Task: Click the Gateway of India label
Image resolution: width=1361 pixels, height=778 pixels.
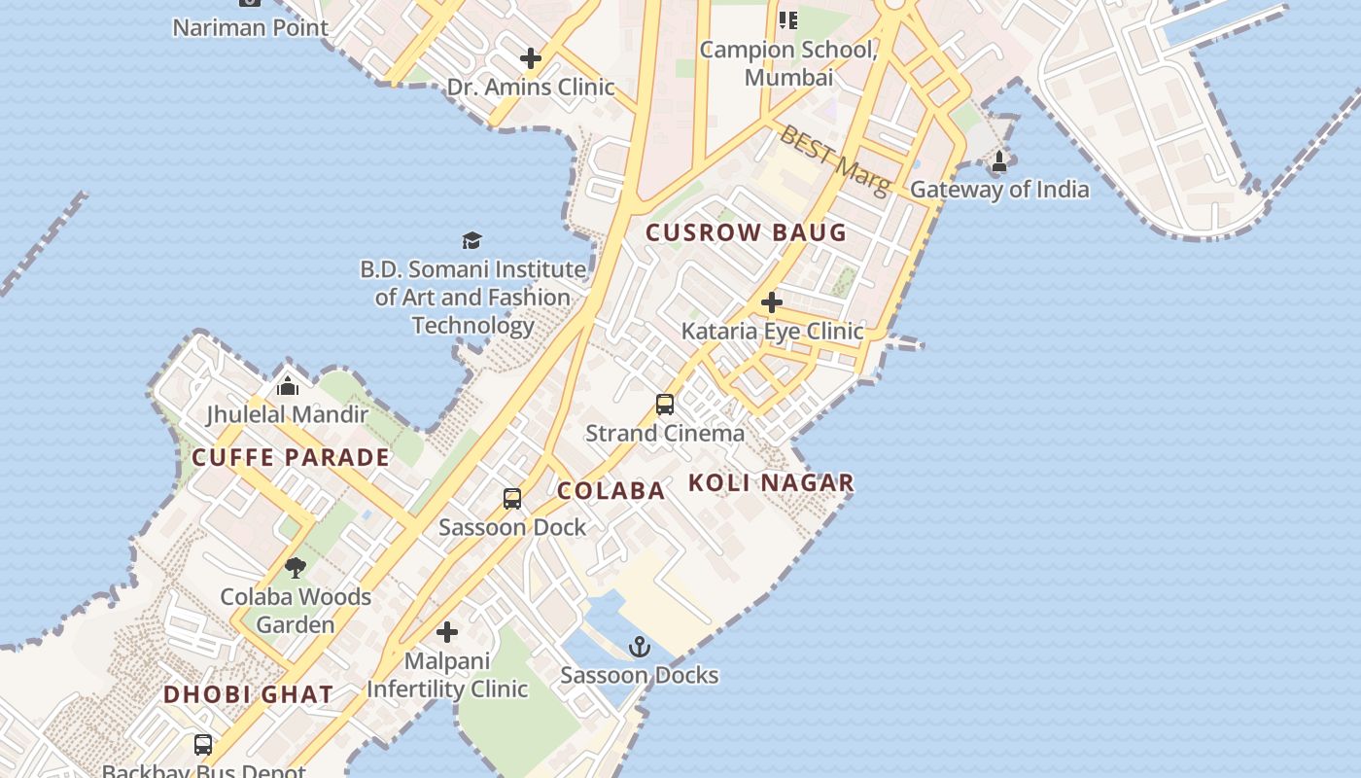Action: [999, 189]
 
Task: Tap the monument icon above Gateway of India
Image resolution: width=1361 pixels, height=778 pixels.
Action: [999, 160]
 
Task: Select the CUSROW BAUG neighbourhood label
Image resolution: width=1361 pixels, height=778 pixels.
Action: [747, 232]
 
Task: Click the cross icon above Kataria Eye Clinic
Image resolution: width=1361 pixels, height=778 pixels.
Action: [772, 302]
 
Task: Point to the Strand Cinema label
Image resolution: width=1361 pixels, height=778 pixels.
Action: [665, 433]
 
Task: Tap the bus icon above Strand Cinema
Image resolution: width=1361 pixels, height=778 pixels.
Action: [665, 405]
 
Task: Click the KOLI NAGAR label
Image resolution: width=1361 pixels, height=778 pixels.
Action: [772, 482]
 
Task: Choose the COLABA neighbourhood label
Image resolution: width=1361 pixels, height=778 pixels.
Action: [611, 490]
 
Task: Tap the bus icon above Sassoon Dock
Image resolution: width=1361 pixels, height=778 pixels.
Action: [512, 499]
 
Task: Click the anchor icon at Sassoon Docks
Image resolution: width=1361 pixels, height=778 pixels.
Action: [640, 647]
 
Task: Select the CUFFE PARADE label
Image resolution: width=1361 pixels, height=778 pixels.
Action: [291, 457]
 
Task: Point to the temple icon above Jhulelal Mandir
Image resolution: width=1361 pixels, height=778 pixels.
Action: [287, 386]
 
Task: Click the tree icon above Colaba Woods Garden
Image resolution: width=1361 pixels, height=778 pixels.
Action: [296, 568]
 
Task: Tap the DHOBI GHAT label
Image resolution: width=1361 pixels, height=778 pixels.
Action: [249, 694]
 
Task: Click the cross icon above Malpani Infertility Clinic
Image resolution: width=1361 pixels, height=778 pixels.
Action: [447, 632]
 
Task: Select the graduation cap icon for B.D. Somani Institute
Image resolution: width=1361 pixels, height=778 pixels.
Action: [471, 240]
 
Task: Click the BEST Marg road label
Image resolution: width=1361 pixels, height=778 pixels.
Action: [834, 160]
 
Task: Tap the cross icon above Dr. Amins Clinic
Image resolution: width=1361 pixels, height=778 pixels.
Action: [531, 58]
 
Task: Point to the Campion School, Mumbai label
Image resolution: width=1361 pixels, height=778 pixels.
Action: [788, 62]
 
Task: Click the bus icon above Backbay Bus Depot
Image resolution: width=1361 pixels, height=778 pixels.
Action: [203, 745]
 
